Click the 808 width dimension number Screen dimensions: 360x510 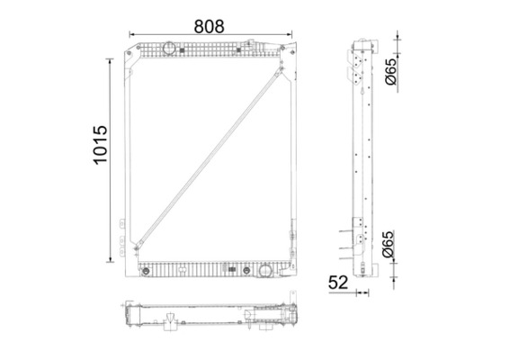coord(210,25)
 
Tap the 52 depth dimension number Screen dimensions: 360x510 coord(338,283)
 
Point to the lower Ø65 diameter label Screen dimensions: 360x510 coord(389,245)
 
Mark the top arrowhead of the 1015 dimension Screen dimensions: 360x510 coord(112,57)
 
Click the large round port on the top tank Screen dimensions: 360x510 coord(168,48)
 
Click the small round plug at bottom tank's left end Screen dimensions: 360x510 coord(145,267)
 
